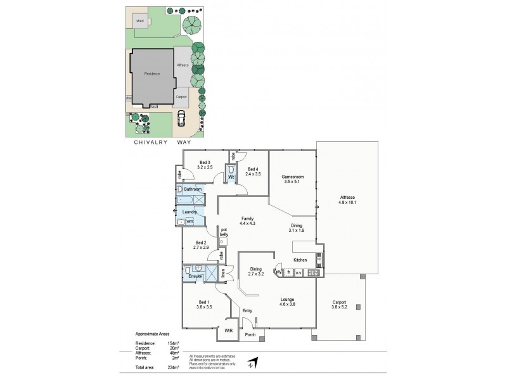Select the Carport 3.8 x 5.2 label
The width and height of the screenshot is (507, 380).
339,305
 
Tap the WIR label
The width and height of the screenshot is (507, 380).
226,332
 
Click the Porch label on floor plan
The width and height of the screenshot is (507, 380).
250,334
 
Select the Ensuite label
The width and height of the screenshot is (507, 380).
195,276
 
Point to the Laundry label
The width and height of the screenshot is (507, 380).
189,212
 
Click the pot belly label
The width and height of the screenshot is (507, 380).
224,231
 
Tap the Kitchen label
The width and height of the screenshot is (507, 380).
300,260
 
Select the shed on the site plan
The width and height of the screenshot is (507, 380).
139,21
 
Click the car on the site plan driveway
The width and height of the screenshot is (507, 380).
182,117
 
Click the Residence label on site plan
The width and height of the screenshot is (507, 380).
152,74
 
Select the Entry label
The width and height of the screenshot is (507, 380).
247,310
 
